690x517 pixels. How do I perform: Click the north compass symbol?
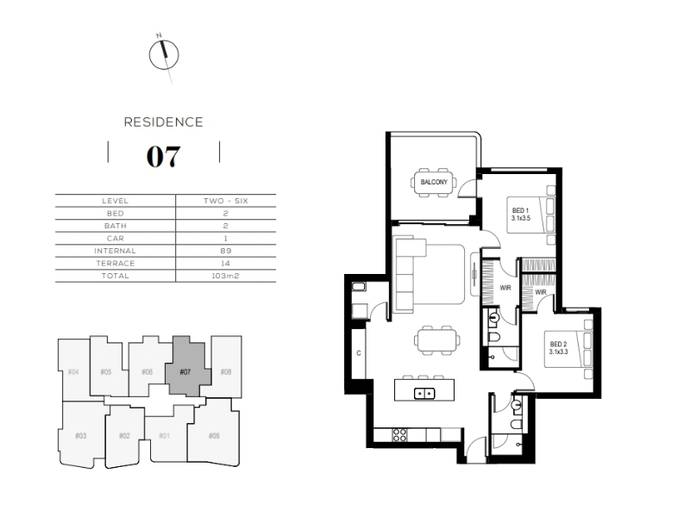click(x=164, y=55)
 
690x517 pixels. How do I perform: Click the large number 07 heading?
click(x=163, y=157)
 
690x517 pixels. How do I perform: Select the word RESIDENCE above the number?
click(x=163, y=121)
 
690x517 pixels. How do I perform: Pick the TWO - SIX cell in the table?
click(x=226, y=201)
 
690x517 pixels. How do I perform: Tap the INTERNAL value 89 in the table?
click(x=226, y=251)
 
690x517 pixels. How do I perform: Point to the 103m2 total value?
click(x=225, y=276)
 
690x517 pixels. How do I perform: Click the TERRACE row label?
click(x=116, y=264)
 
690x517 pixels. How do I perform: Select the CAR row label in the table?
click(x=116, y=239)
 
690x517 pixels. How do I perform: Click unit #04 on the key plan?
click(x=73, y=371)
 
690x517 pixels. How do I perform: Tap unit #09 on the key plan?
click(x=214, y=435)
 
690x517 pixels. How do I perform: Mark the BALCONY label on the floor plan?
click(x=434, y=182)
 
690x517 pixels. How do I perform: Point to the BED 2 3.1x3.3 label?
click(x=558, y=348)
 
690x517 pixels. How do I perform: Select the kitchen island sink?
click(x=424, y=393)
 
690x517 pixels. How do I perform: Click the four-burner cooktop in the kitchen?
click(x=399, y=435)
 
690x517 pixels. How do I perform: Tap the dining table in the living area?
click(x=437, y=340)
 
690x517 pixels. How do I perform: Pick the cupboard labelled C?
click(x=359, y=353)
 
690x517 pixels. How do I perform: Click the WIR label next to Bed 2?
click(x=541, y=292)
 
